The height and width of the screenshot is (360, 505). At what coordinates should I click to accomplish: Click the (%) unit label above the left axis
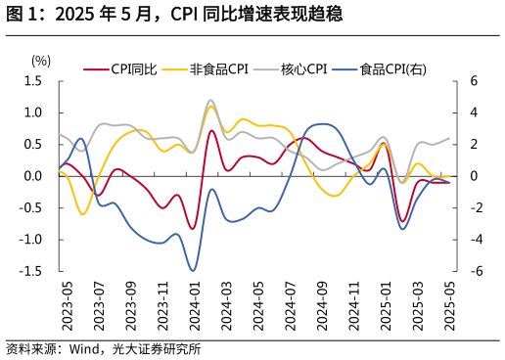pos(40,61)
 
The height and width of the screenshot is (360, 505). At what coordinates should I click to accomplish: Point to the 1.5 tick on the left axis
pos(34,81)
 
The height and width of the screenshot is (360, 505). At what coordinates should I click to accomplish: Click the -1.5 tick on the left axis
pos(32,271)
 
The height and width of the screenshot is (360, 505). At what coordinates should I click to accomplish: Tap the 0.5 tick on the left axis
pos(34,145)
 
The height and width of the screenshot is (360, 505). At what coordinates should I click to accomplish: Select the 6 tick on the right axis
pos(473,81)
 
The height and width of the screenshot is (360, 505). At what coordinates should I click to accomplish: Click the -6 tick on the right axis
pos(471,271)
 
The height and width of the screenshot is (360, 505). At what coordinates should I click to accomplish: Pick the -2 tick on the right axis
pos(471,207)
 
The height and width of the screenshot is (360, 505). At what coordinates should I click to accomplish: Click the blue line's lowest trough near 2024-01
pos(193,271)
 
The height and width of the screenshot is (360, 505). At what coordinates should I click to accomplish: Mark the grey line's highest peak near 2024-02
pos(210,100)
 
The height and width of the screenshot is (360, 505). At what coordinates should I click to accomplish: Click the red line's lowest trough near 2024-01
pos(193,229)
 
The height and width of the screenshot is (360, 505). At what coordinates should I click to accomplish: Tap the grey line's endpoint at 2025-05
pos(450,138)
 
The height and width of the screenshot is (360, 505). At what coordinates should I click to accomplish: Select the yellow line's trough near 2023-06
pos(82,213)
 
